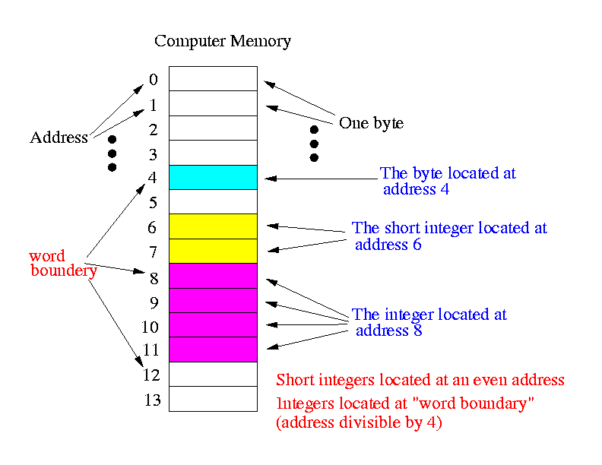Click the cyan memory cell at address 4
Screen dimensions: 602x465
pyautogui.click(x=213, y=177)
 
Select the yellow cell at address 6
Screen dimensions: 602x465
pyautogui.click(x=213, y=226)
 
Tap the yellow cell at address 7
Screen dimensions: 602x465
pyautogui.click(x=213, y=251)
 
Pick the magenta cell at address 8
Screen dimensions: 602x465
pyautogui.click(x=213, y=276)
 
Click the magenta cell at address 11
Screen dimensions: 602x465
pyautogui.click(x=213, y=350)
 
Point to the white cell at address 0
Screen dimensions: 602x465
pyautogui.click(x=213, y=79)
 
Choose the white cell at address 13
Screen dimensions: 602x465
pyautogui.click(x=213, y=399)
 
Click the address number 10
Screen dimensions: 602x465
pyautogui.click(x=150, y=327)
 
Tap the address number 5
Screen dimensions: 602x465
pyautogui.click(x=154, y=203)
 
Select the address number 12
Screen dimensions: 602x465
pyautogui.click(x=151, y=375)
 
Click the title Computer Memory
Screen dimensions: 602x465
pyautogui.click(x=223, y=41)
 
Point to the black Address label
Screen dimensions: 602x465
pyautogui.click(x=59, y=137)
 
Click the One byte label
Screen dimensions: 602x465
pyautogui.click(x=371, y=123)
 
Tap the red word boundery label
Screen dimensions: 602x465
pyautogui.click(x=63, y=263)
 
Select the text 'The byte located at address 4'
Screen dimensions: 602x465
pyautogui.click(x=448, y=181)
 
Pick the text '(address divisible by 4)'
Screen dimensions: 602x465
pyautogui.click(x=359, y=422)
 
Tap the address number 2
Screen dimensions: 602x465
pyautogui.click(x=154, y=130)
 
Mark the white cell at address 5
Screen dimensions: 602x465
pyautogui.click(x=213, y=202)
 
